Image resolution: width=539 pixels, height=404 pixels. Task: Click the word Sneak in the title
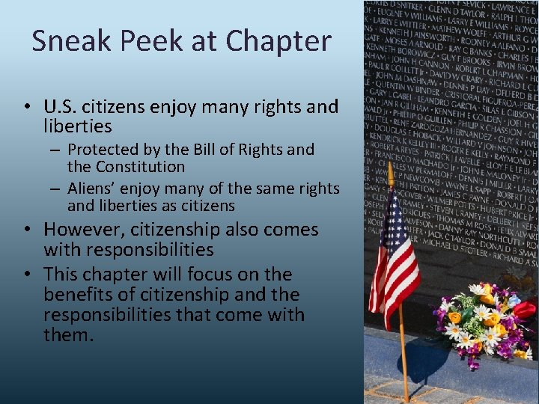point(70,41)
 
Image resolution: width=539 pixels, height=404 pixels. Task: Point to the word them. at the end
point(69,335)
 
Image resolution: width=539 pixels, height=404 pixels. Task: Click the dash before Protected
point(56,150)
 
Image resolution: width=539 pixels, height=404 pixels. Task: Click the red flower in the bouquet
point(524,309)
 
